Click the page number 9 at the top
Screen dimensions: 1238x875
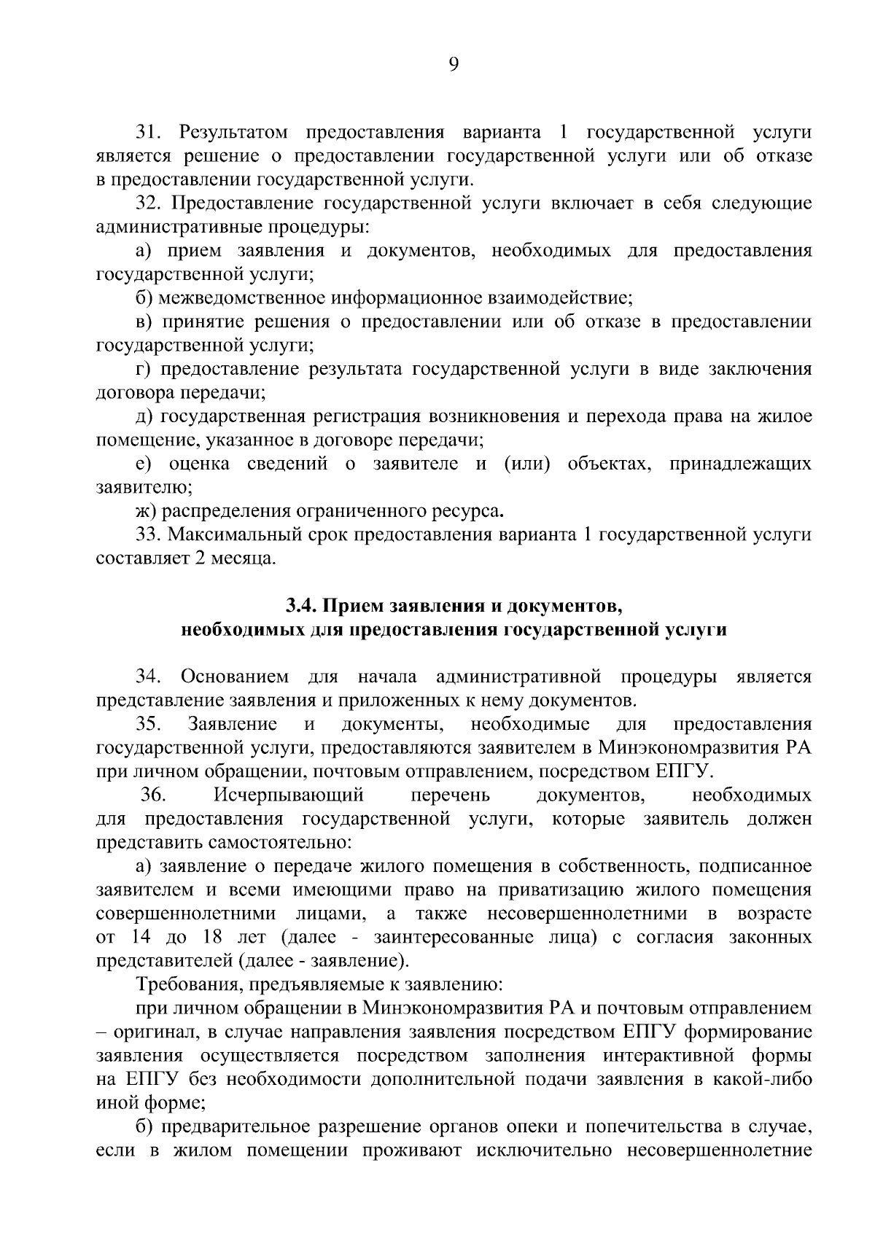pyautogui.click(x=454, y=65)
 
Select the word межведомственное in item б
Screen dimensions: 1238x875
pyautogui.click(x=241, y=298)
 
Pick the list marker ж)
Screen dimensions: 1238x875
pyautogui.click(x=147, y=510)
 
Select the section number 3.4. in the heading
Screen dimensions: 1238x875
pyautogui.click(x=300, y=605)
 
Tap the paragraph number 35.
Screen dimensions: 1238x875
pyautogui.click(x=149, y=724)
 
